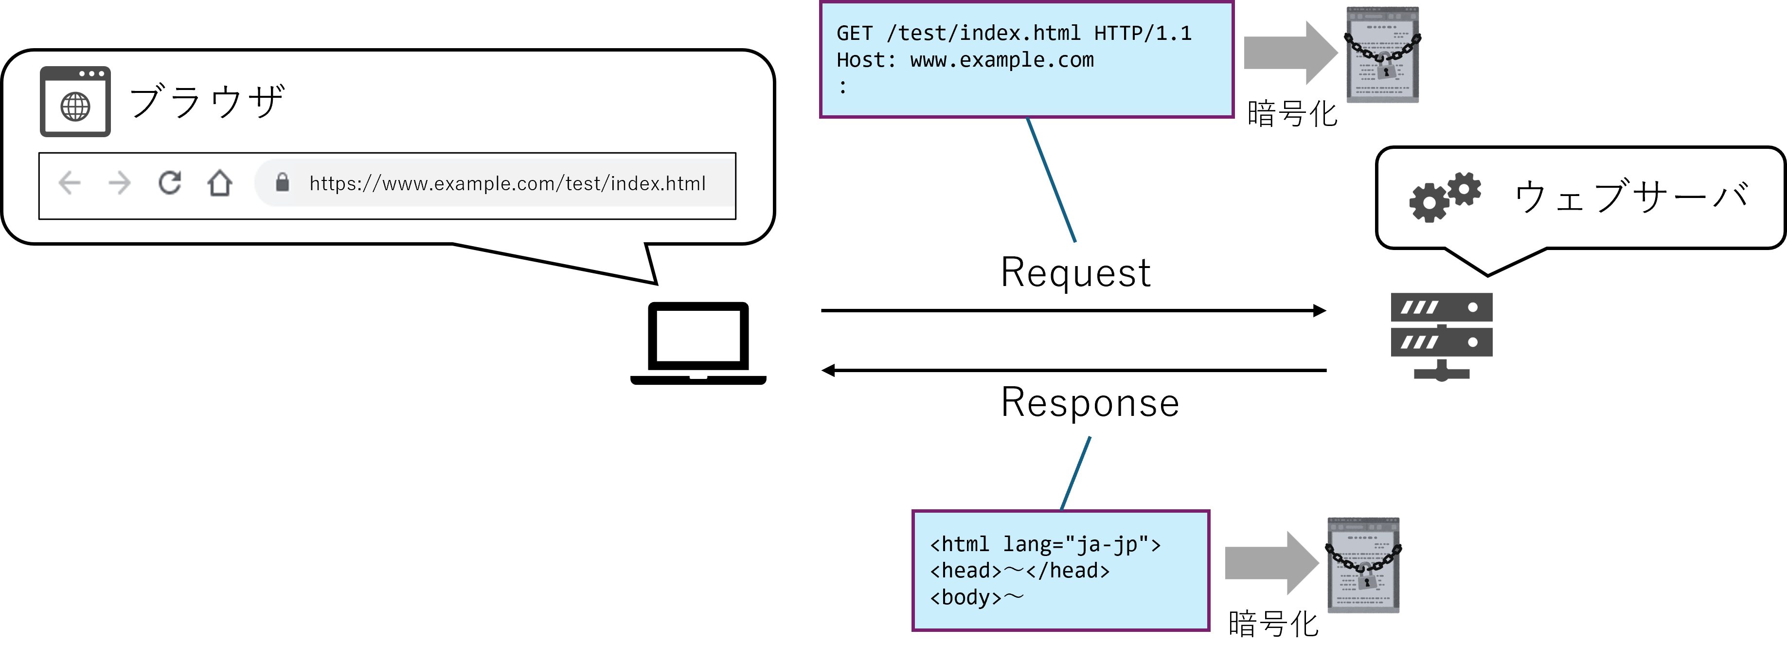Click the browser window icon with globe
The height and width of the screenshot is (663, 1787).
tap(75, 102)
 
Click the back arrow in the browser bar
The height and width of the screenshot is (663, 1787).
tap(70, 183)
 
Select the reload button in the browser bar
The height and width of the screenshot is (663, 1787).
tap(170, 182)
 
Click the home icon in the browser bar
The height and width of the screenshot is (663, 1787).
tap(220, 183)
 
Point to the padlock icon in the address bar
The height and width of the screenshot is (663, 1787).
tap(282, 182)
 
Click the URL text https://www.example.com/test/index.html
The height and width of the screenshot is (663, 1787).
tap(507, 184)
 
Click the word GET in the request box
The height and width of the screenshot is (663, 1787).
tap(855, 33)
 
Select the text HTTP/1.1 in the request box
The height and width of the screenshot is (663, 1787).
tap(1143, 33)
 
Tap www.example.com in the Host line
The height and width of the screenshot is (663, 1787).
tap(1001, 60)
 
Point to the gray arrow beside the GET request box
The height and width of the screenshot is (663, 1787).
tap(1289, 53)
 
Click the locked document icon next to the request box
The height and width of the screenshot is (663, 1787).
tap(1383, 55)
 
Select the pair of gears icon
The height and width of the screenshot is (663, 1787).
tap(1444, 197)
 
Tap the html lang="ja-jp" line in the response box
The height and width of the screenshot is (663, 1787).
tap(1045, 544)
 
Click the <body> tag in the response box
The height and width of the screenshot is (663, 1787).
tap(965, 597)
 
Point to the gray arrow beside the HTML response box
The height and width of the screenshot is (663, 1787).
tap(1270, 563)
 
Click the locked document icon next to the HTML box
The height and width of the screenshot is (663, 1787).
tap(1363, 565)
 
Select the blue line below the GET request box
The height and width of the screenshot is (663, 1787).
tap(1051, 180)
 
